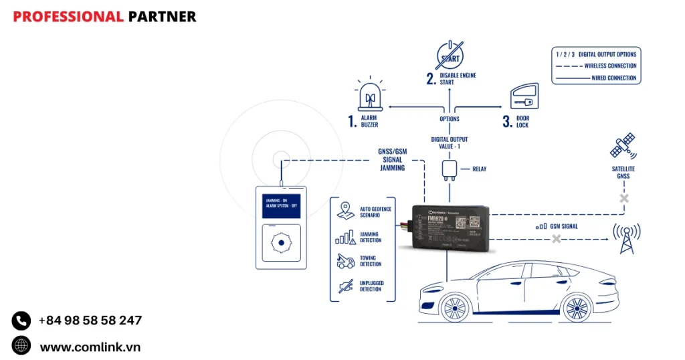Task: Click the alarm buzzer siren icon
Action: (369, 98)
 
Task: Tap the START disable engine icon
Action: (450, 55)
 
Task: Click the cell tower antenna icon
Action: (626, 238)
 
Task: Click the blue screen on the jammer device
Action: (281, 204)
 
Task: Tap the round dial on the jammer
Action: (281, 243)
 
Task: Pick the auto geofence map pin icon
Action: (345, 209)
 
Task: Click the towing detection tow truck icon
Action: (345, 261)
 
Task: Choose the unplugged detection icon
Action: (345, 286)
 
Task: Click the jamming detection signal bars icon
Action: (345, 236)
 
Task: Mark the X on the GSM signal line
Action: (556, 238)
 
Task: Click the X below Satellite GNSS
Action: (624, 199)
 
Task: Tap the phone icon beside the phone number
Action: (21, 321)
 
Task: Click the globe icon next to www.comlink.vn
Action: (21, 345)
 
